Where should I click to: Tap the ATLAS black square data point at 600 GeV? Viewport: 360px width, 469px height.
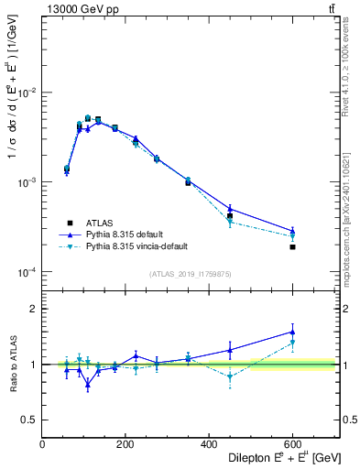(293, 246)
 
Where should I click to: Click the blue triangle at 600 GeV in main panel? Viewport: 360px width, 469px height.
(293, 231)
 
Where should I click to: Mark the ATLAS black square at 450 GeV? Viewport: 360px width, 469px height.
(230, 216)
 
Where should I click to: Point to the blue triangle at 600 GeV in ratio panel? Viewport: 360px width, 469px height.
(293, 333)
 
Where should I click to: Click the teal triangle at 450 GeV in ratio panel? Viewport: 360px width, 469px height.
(230, 376)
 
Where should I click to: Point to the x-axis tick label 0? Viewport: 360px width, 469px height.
(43, 443)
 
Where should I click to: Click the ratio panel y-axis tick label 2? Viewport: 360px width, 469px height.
(34, 309)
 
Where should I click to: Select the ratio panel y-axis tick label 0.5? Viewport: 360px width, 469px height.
(29, 420)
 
